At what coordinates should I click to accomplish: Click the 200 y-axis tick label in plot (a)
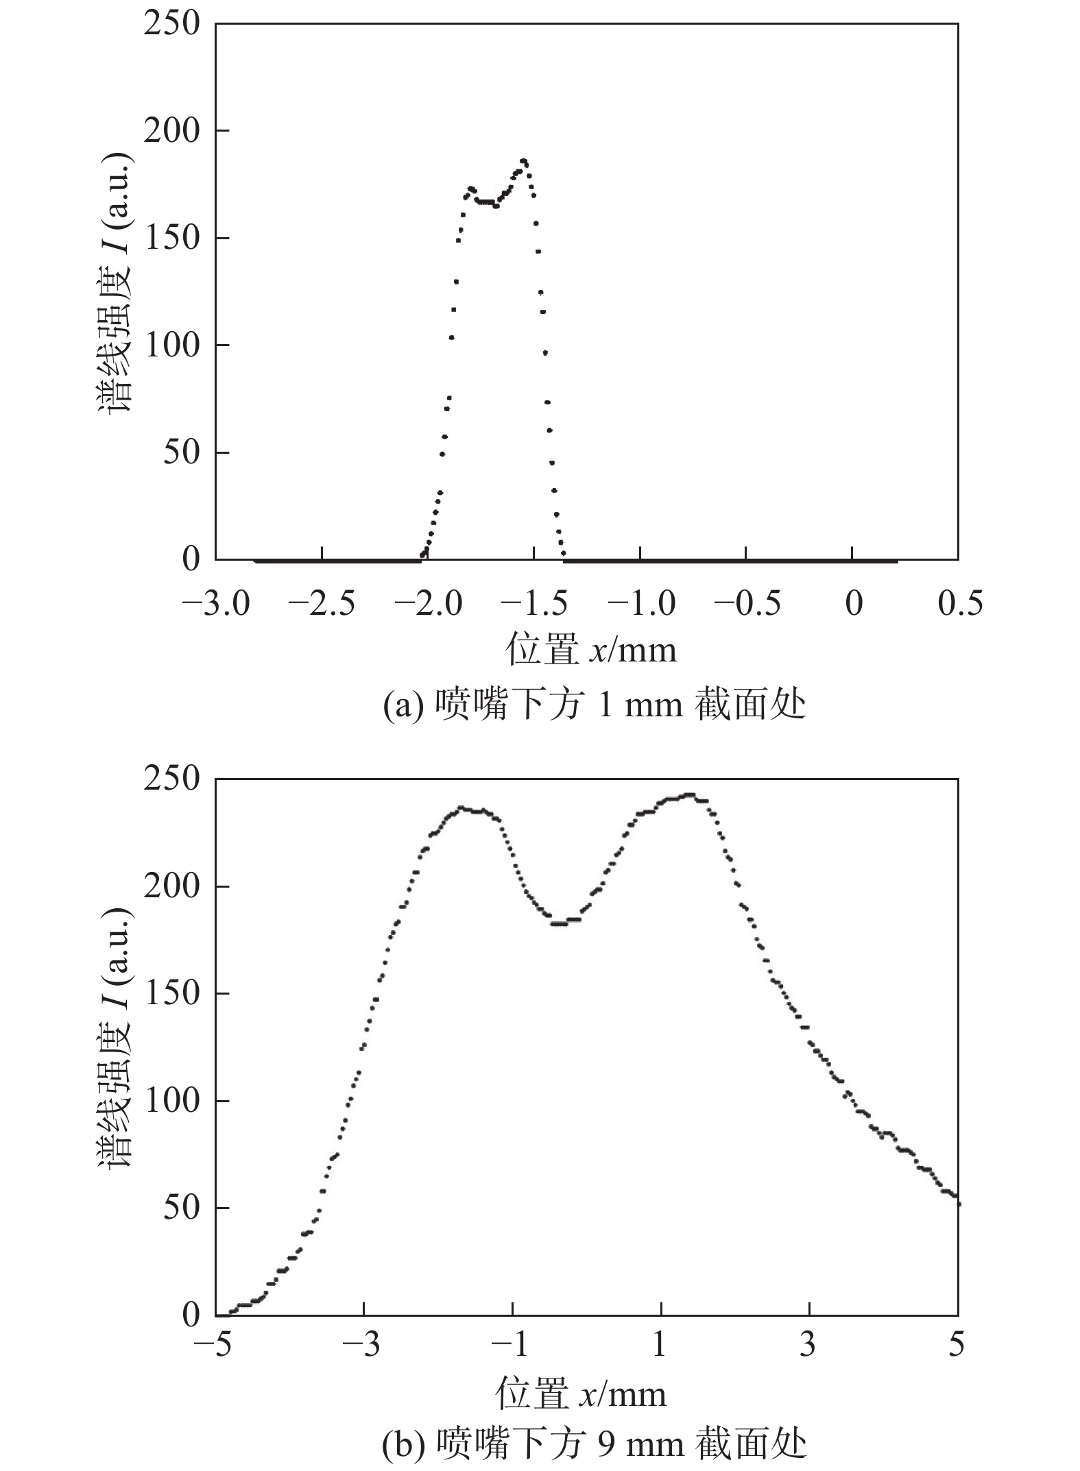(171, 131)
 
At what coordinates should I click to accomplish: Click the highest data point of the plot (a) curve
(524, 161)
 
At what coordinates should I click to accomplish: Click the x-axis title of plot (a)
(591, 649)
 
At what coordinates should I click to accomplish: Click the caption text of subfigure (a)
(594, 705)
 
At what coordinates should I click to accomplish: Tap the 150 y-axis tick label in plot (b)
(171, 993)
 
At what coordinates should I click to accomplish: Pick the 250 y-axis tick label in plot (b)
(171, 779)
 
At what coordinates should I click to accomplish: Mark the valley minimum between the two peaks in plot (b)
(560, 923)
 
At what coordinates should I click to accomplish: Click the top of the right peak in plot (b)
(689, 795)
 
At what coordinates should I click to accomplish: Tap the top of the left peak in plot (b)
(462, 808)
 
